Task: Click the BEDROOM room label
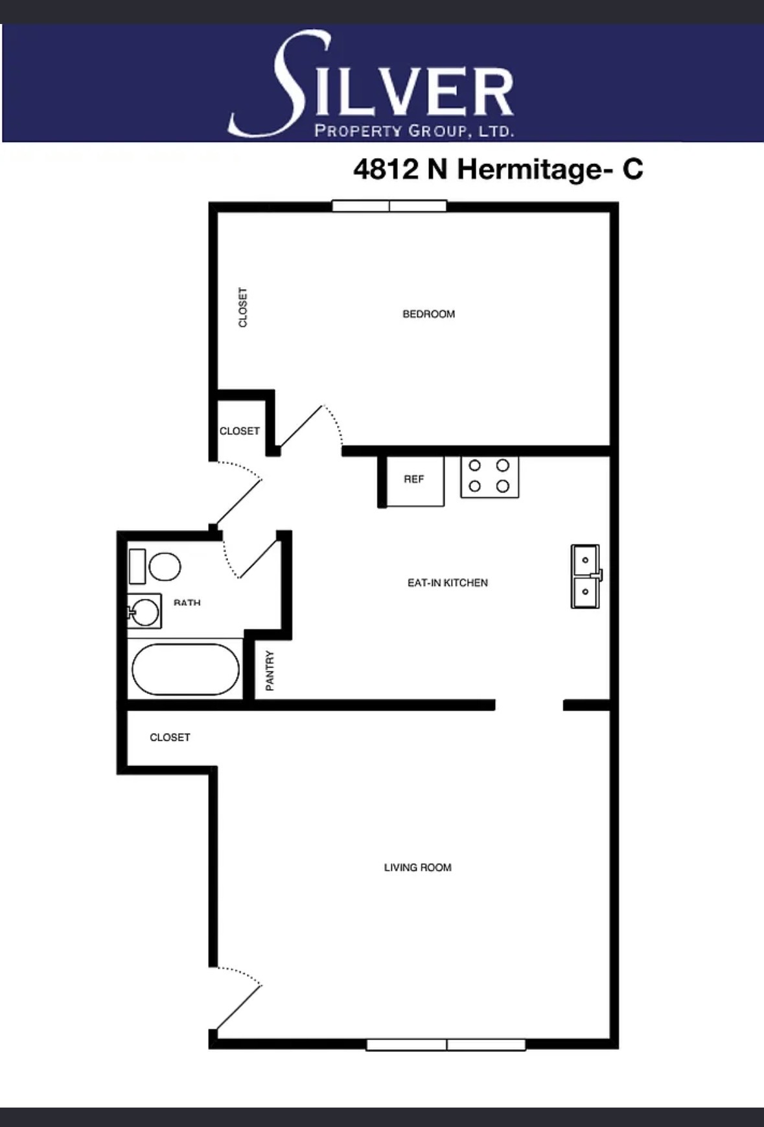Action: (428, 314)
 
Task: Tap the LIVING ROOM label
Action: (417, 868)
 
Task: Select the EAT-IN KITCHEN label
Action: (448, 583)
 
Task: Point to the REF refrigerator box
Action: (415, 480)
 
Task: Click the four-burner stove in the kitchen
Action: (489, 476)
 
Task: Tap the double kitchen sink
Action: (586, 576)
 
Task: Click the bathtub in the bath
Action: (185, 669)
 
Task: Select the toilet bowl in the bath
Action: (164, 566)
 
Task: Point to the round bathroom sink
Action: (145, 611)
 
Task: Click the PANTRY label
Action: (270, 671)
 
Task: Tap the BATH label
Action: (187, 603)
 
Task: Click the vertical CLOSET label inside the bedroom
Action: (243, 307)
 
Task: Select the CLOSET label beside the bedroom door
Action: (239, 431)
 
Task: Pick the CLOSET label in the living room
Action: (170, 738)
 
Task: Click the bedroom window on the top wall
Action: (389, 206)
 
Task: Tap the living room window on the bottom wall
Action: (446, 1045)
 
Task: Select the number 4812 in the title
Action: (386, 169)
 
